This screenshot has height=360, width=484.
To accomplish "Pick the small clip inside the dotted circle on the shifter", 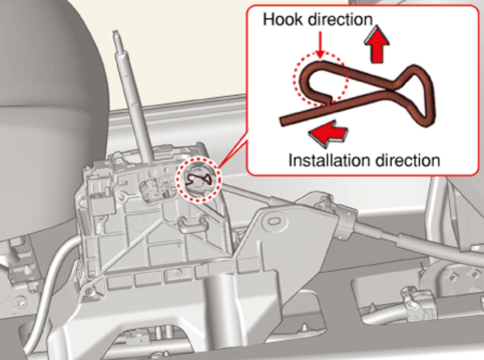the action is [199, 179].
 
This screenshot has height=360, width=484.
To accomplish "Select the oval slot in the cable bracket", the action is [273, 221].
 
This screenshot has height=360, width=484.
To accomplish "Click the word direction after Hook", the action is [341, 20].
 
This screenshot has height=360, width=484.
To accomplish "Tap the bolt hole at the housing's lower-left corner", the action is [89, 290].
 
